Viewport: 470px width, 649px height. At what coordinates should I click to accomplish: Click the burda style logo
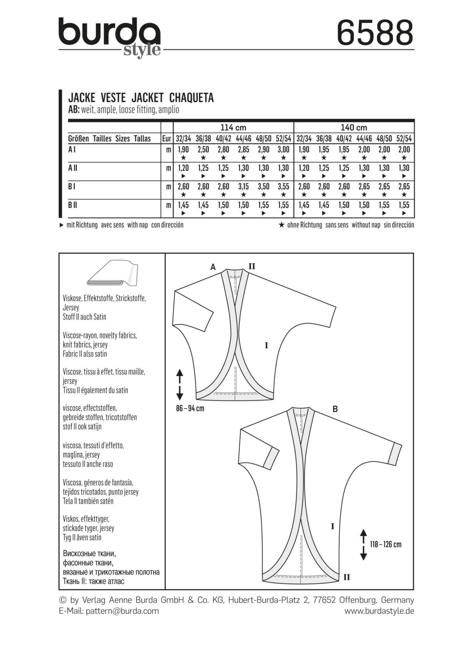tap(110, 37)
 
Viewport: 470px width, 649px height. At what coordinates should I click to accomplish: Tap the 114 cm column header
tap(233, 128)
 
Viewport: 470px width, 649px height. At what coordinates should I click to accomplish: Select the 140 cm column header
tap(354, 128)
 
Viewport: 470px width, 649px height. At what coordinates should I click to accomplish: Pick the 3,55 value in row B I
tap(283, 186)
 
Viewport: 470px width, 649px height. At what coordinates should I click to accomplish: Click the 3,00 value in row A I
tap(283, 150)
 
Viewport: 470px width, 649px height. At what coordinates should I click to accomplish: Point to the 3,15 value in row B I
tap(243, 186)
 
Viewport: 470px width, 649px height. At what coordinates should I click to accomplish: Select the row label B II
tap(72, 205)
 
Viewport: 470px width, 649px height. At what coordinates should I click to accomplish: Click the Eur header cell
tap(167, 139)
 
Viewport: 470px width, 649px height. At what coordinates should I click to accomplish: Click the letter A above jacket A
tap(213, 267)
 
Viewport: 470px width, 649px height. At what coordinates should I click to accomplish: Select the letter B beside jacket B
tap(335, 409)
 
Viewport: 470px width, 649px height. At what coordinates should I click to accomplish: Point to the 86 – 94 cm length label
tap(190, 408)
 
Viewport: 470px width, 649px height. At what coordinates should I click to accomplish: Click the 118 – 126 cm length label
tap(386, 544)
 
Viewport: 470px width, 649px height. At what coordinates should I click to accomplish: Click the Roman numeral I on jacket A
tap(266, 346)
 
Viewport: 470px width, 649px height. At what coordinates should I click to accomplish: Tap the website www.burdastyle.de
tap(379, 611)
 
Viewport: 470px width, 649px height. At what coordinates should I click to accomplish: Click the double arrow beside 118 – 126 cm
tap(363, 544)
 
